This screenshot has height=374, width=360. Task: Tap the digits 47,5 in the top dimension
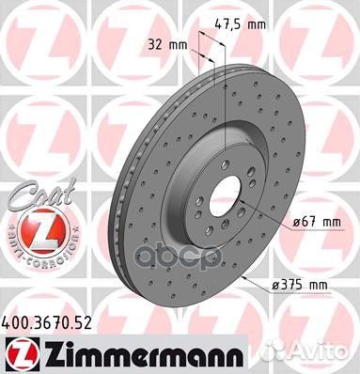click(x=235, y=26)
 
